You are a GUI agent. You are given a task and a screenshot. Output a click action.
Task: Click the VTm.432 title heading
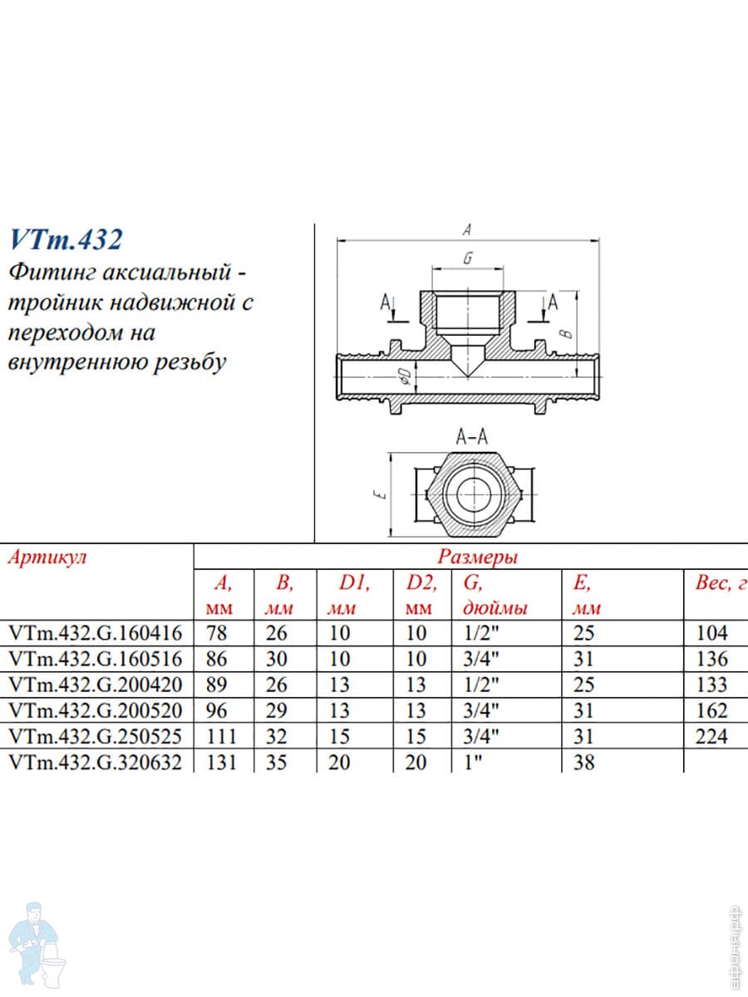66,240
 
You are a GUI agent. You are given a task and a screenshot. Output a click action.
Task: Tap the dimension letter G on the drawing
467,258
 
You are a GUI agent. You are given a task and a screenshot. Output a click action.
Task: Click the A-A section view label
472,437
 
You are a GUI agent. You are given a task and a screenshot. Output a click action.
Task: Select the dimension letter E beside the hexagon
379,494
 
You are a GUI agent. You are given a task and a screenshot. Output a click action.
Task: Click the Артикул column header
47,557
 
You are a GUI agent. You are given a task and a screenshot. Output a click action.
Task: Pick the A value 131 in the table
220,762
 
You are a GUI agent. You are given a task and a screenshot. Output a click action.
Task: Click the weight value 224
711,736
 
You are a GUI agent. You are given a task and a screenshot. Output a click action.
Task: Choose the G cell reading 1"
475,762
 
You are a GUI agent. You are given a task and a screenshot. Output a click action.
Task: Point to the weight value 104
711,633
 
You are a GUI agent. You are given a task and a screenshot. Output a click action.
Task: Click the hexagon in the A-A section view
471,495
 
